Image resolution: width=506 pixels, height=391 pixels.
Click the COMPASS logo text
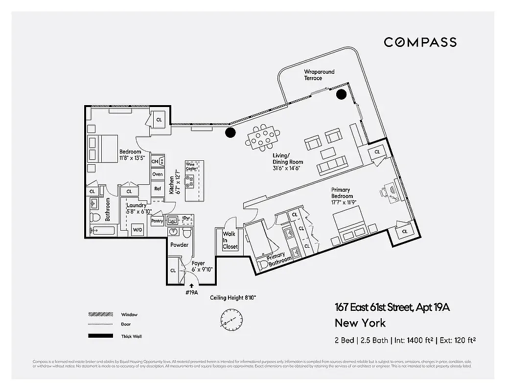(420, 42)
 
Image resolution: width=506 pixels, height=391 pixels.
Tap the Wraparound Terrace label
(319, 75)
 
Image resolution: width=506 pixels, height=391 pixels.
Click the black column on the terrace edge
(342, 94)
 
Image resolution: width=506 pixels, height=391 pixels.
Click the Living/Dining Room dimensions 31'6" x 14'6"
(286, 168)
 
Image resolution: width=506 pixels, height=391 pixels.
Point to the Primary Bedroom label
(342, 193)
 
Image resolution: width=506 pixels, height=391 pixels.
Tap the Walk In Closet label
(230, 240)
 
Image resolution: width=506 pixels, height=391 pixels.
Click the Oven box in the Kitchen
(158, 174)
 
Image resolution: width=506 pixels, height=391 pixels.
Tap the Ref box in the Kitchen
(158, 189)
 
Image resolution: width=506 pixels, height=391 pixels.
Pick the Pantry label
(157, 221)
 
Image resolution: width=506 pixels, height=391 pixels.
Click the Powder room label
(179, 245)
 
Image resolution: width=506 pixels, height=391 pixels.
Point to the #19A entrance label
(191, 292)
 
